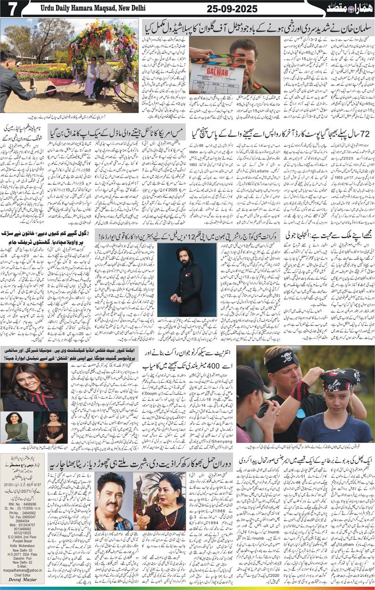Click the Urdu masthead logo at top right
click(349, 8)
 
